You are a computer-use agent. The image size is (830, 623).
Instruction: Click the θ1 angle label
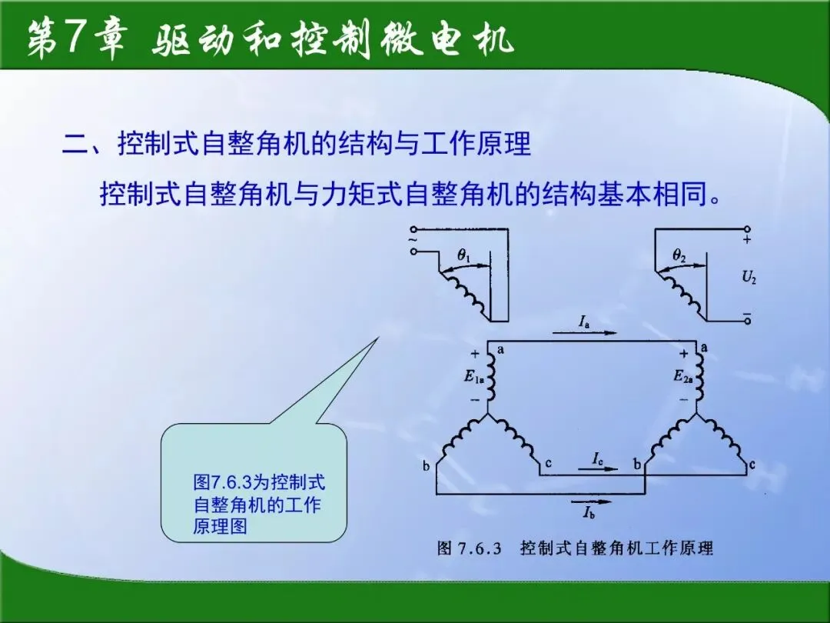click(464, 255)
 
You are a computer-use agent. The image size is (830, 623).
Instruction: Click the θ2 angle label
click(679, 255)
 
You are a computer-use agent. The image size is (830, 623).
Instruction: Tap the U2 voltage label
click(749, 277)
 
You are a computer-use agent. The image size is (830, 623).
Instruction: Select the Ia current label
click(584, 321)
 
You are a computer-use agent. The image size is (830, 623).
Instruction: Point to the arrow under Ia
click(584, 333)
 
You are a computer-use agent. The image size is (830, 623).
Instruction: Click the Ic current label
click(598, 458)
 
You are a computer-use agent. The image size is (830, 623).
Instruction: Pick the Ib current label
click(589, 511)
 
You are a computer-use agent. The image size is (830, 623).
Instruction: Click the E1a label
click(473, 377)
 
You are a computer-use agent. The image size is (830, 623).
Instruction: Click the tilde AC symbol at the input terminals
click(413, 240)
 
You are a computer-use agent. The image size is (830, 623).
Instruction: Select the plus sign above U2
click(747, 240)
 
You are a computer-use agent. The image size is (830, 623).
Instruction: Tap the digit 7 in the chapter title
click(74, 38)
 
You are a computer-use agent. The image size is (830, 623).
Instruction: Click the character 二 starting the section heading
click(75, 143)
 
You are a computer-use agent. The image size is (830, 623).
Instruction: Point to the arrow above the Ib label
click(591, 501)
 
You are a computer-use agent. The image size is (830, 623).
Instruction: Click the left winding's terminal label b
click(426, 466)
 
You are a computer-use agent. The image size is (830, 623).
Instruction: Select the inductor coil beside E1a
click(490, 377)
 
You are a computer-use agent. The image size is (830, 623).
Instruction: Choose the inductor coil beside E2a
click(700, 377)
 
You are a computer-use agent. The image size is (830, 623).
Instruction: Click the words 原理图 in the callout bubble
click(220, 526)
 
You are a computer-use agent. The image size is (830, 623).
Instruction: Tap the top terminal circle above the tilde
click(413, 229)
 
